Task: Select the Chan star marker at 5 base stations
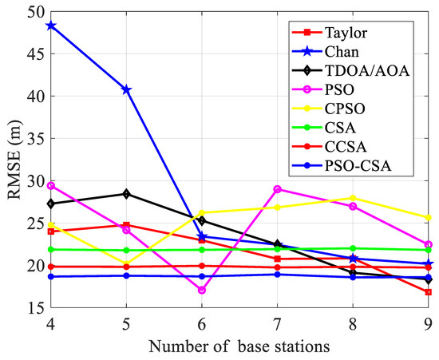click(x=126, y=89)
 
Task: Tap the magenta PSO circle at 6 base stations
click(x=202, y=290)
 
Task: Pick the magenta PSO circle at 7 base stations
click(x=277, y=189)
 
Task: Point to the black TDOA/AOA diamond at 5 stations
click(x=126, y=193)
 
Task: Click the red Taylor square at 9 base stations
click(x=429, y=292)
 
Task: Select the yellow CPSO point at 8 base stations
click(x=353, y=198)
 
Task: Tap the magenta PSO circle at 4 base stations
click(x=50, y=185)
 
